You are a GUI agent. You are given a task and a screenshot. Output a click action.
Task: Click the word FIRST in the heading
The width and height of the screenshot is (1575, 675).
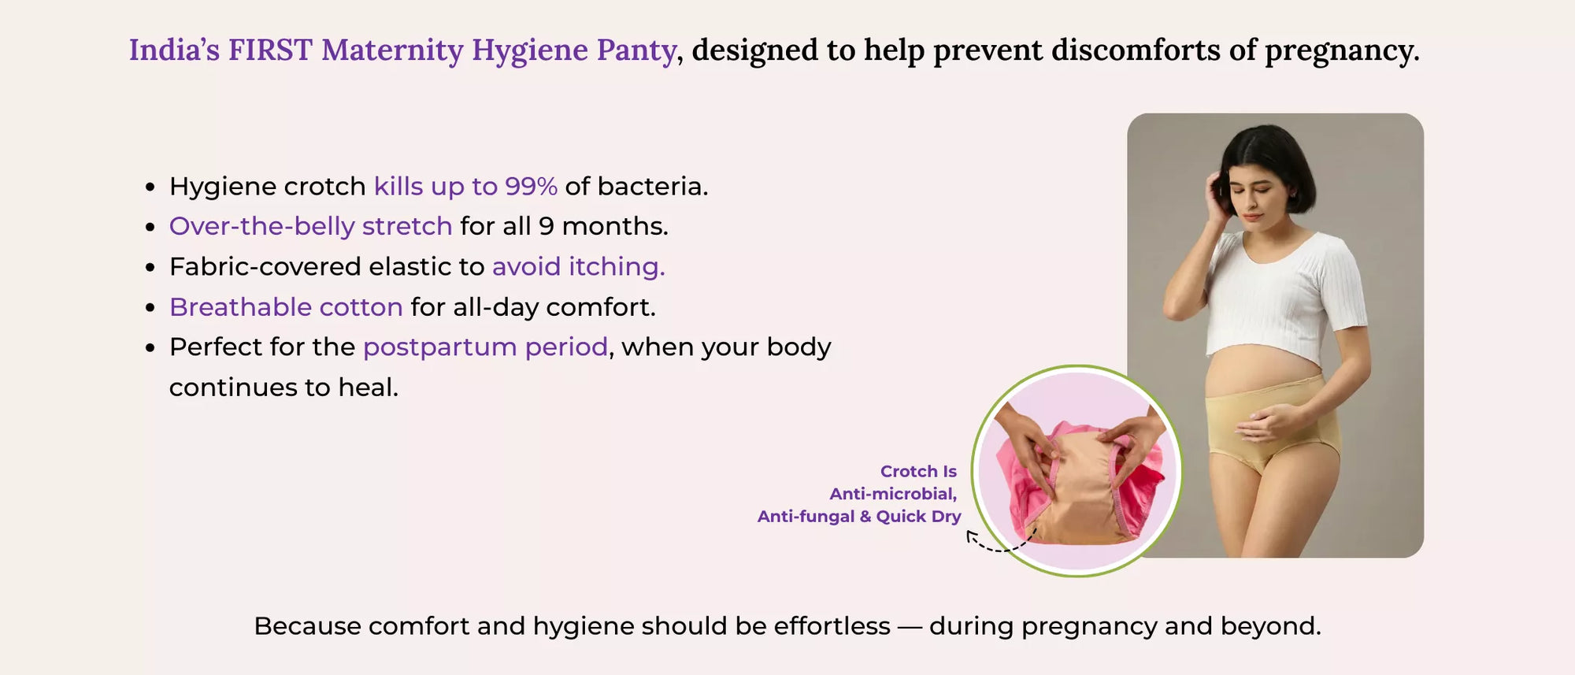(x=269, y=50)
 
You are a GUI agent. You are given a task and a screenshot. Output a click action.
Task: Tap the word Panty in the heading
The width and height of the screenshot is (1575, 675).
(x=636, y=50)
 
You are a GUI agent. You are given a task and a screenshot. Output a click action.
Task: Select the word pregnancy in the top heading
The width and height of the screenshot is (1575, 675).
(x=1341, y=50)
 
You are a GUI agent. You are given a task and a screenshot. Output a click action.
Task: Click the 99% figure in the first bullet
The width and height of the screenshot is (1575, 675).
(x=531, y=187)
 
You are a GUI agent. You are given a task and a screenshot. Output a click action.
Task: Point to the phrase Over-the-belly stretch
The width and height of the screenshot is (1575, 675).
(x=310, y=227)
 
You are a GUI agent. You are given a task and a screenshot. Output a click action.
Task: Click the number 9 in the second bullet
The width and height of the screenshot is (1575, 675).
(x=546, y=227)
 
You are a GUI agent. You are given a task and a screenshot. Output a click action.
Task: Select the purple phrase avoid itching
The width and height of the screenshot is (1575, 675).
(x=578, y=267)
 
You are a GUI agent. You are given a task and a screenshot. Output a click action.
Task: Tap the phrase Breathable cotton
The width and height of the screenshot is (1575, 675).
(x=286, y=307)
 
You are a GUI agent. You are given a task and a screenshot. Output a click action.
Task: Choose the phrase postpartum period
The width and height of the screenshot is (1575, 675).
(x=485, y=347)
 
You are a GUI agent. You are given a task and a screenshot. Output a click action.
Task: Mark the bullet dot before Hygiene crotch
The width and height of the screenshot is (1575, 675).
(x=150, y=187)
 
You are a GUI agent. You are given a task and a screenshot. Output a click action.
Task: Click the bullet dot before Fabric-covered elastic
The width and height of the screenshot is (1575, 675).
(x=150, y=268)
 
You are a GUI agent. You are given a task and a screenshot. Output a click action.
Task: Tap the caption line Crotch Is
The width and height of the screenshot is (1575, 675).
(x=918, y=471)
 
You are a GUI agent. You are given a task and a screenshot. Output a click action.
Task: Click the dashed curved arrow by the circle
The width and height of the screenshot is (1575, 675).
(x=999, y=543)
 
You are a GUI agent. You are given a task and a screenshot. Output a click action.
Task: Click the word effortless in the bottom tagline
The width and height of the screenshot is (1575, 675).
(x=832, y=626)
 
